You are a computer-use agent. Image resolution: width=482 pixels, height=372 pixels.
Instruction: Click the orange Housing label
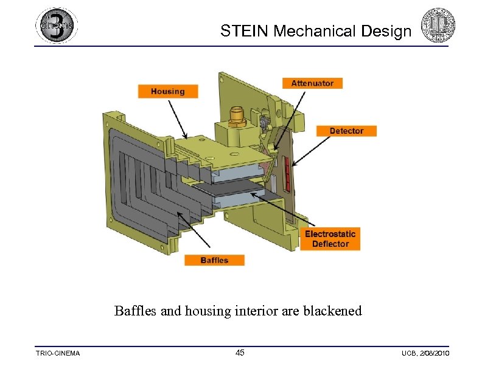[x=167, y=91]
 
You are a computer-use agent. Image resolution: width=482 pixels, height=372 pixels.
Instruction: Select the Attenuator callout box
[x=312, y=83]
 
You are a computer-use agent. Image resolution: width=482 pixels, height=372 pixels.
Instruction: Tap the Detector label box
[x=346, y=131]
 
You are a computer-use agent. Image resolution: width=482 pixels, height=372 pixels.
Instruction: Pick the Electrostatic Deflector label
[x=330, y=239]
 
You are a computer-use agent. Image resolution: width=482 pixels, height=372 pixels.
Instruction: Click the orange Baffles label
[x=214, y=260]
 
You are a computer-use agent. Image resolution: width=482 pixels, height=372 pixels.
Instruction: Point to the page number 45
[x=240, y=353]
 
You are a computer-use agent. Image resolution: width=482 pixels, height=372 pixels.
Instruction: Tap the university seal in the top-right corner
[x=439, y=26]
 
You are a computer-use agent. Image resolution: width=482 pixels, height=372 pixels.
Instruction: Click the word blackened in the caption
[x=330, y=311]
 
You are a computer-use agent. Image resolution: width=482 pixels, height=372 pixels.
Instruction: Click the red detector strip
[x=285, y=164]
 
